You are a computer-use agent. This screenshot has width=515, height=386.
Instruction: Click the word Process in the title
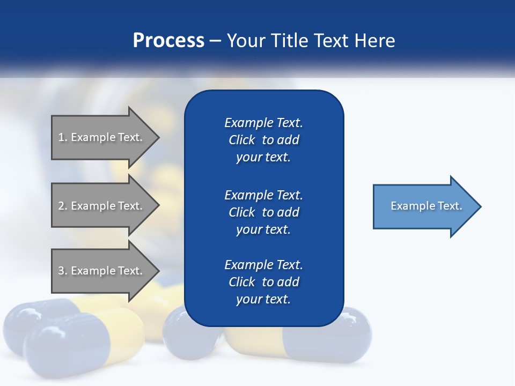click(168, 41)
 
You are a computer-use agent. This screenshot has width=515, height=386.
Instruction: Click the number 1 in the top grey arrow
click(61, 138)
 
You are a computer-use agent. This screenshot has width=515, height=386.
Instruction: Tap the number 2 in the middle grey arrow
click(61, 206)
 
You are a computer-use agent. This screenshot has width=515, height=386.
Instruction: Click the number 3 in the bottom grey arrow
click(61, 271)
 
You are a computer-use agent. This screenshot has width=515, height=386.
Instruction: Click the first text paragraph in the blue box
click(263, 140)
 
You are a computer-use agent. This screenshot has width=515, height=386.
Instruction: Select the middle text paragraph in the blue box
click(263, 212)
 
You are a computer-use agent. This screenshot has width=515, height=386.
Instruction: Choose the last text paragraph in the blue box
click(263, 282)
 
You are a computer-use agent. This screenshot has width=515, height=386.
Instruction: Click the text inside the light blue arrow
click(426, 206)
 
